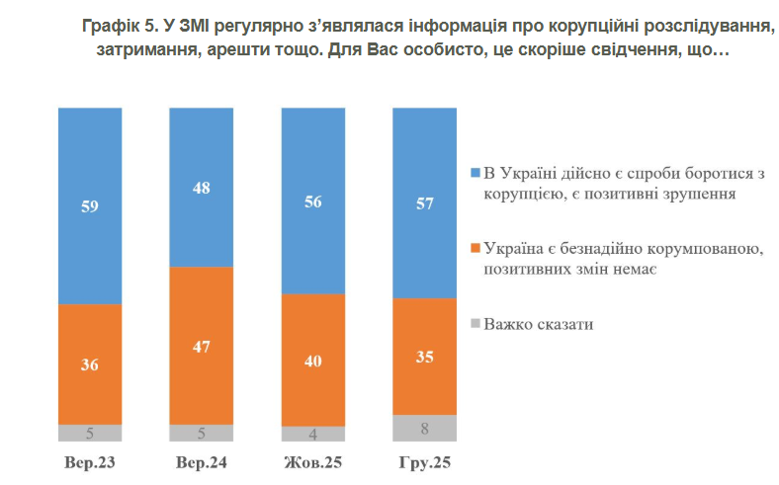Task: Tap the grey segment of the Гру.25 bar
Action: (425, 428)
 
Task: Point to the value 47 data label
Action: (202, 346)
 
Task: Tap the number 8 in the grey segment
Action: (425, 428)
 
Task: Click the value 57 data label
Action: (425, 203)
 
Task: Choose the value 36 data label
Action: (90, 364)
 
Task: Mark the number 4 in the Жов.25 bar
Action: (313, 434)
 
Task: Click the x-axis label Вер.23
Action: (90, 462)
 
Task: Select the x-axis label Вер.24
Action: (202, 462)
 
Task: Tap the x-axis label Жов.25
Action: (313, 462)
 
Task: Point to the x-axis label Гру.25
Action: (425, 462)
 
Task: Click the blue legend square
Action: (476, 173)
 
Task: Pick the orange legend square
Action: (476, 246)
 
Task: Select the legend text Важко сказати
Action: (540, 323)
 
